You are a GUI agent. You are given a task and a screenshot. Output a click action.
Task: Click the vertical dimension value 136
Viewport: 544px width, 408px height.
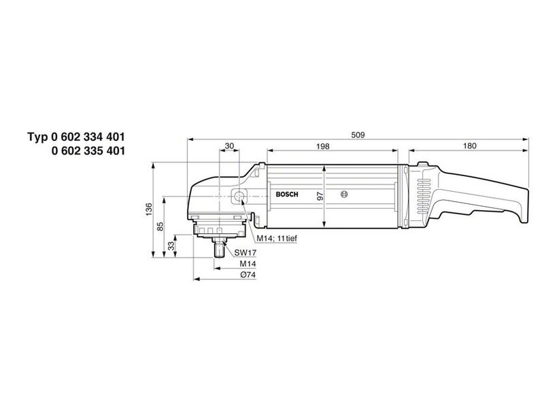149,209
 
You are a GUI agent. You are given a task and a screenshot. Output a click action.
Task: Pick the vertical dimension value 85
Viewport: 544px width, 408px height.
160,227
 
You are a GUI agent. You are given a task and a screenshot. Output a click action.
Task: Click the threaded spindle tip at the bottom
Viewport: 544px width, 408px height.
219,251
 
